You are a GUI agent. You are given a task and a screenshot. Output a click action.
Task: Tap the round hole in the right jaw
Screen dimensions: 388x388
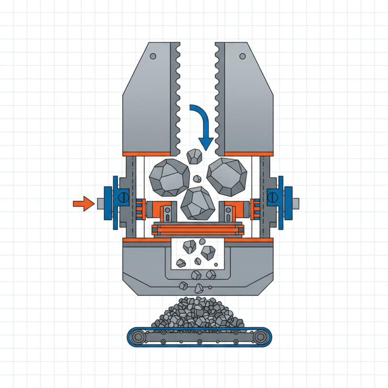[241, 56]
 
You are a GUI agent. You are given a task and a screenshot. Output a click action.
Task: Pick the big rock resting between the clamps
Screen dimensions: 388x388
[198, 202]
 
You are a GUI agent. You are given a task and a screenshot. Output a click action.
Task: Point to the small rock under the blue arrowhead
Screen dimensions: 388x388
[195, 156]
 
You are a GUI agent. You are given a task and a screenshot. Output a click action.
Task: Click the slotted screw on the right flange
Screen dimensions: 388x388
[272, 197]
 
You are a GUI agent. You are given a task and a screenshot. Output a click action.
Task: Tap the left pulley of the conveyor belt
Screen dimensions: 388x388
[137, 336]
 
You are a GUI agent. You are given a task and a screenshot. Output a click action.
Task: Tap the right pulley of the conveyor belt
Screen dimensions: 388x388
[262, 336]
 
